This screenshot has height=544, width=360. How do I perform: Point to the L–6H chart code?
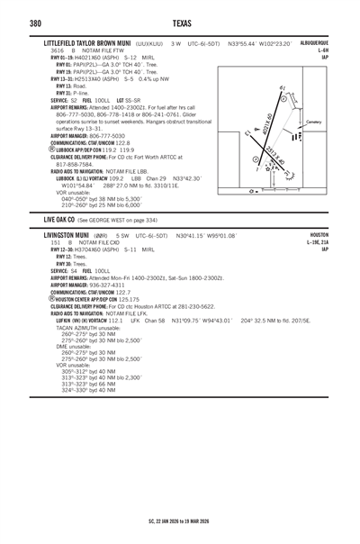[x=346, y=50]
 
